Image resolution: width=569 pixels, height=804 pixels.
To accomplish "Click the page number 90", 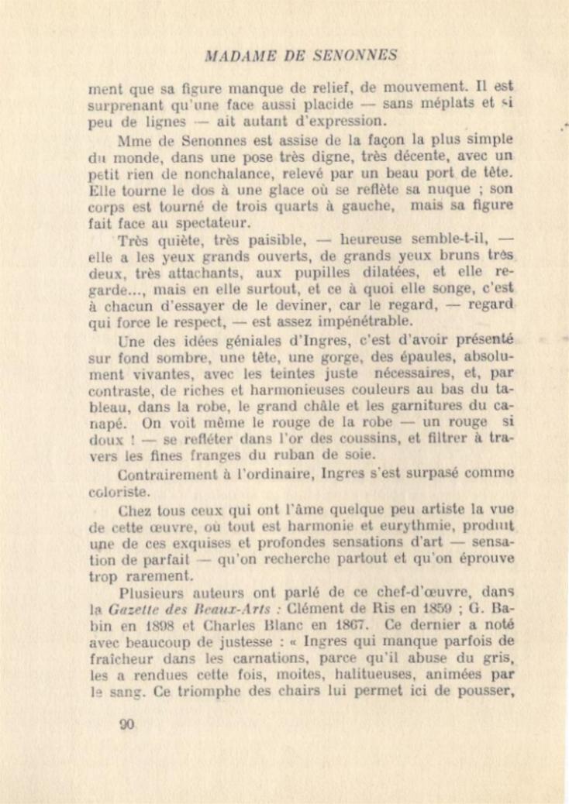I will [127, 724].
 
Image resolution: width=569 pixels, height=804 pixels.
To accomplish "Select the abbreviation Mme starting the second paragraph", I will [135, 141].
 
